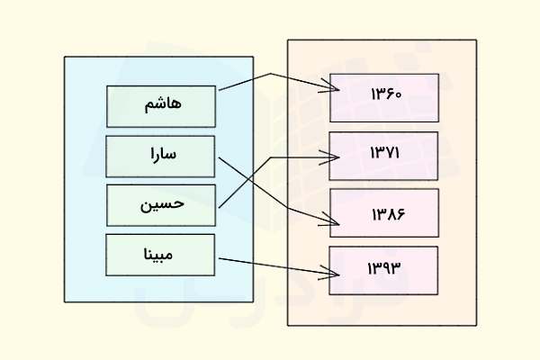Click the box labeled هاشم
pyautogui.click(x=161, y=105)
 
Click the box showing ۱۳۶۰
pyautogui.click(x=383, y=97)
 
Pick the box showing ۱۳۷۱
pyautogui.click(x=383, y=155)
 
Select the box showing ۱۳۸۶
pyautogui.click(x=383, y=212)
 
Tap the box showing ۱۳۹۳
pyautogui.click(x=383, y=269)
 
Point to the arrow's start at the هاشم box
pyautogui.click(x=219, y=91)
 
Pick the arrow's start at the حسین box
pyautogui.click(x=219, y=207)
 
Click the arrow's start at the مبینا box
pyautogui.click(x=219, y=258)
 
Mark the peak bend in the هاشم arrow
pyautogui.click(x=270, y=74)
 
